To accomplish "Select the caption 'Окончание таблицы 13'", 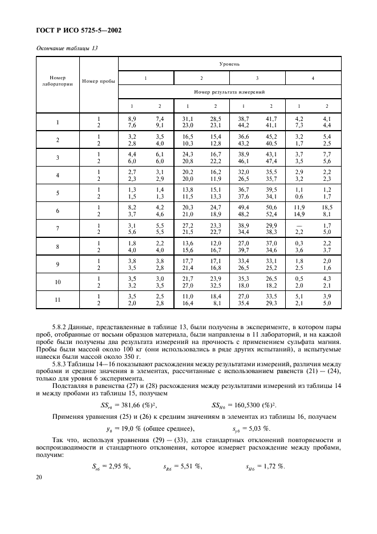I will [x=66, y=48].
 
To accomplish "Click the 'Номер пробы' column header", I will [x=98, y=80].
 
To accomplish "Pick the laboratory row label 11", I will [x=58, y=300].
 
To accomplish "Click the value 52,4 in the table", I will [x=271, y=215].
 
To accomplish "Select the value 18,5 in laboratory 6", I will [x=326, y=208].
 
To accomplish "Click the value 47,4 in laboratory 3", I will [x=271, y=161].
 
